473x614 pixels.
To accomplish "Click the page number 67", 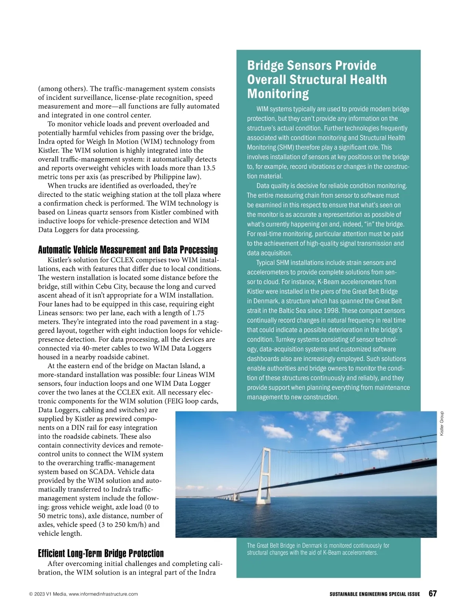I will tap(432, 594).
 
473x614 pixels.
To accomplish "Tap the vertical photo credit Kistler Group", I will tap(442, 423).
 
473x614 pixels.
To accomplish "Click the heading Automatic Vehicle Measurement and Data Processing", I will tap(128, 250).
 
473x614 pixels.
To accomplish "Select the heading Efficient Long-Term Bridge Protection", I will tap(101, 553).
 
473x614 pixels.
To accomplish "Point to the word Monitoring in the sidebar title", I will tap(278, 94).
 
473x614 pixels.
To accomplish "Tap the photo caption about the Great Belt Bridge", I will tap(318, 549).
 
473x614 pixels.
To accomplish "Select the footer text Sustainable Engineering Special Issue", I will tap(375, 594).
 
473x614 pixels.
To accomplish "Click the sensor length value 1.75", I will tap(198, 313).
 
